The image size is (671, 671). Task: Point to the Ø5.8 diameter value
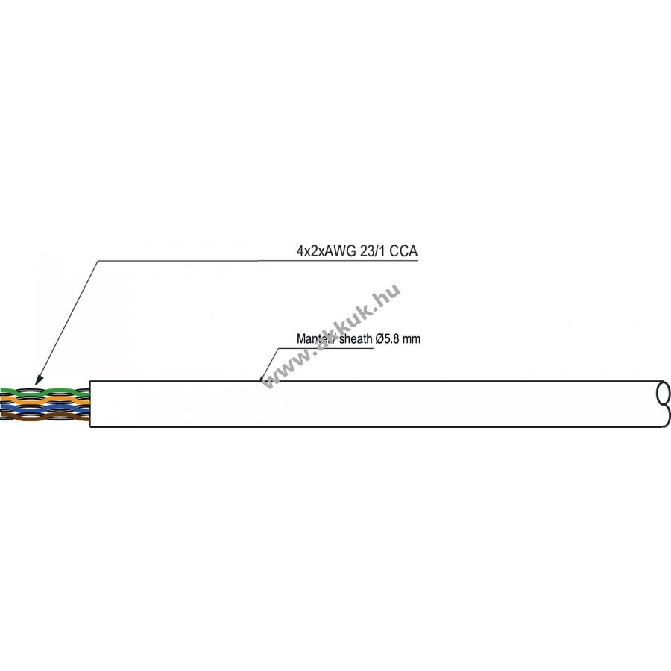click(389, 339)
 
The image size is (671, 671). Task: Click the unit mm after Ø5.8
click(412, 339)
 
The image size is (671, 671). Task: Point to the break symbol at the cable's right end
click(662, 404)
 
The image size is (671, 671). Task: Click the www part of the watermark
click(283, 371)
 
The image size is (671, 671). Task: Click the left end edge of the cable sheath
click(90, 404)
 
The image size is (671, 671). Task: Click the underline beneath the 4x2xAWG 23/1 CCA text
click(261, 260)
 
